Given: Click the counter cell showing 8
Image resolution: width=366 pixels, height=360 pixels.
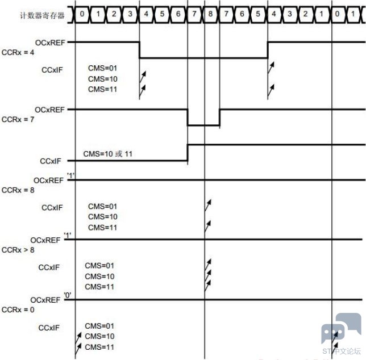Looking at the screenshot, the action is (210, 14).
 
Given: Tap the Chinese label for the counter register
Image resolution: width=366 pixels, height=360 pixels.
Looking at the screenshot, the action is (42, 15).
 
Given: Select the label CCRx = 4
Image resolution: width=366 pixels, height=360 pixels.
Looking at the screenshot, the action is (18, 52).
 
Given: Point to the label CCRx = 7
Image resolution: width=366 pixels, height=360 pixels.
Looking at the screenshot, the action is (18, 119).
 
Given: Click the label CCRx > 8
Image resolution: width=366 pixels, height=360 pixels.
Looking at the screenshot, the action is (18, 250).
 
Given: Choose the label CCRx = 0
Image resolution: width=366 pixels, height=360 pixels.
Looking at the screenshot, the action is (18, 309).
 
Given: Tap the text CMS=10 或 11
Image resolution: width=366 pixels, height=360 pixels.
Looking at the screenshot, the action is (108, 154).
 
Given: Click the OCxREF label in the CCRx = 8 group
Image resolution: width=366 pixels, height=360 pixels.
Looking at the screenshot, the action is (48, 181).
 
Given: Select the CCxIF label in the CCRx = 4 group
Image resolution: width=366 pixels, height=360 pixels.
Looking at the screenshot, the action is (52, 70).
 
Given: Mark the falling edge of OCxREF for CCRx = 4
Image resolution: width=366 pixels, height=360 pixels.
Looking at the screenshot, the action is (140, 50).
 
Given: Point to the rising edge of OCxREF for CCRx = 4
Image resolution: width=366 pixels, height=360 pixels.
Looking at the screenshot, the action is (268, 50).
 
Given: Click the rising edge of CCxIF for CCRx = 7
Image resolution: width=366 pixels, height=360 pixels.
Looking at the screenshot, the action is (188, 153).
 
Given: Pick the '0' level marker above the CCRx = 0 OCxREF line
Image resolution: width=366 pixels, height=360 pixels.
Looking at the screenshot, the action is (68, 295).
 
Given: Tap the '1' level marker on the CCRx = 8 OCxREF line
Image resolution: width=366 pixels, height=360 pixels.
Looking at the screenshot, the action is (71, 175).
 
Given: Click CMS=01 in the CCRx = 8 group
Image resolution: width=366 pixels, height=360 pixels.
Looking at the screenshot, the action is (102, 206).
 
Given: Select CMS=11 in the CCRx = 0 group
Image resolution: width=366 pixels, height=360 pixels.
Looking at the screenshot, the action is (99, 347).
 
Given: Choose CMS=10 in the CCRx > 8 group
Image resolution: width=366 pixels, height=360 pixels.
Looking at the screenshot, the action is (99, 277).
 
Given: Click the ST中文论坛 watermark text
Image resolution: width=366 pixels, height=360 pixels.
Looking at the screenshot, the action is (342, 351).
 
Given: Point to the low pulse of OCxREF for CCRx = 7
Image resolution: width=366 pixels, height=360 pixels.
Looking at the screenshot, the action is (203, 125).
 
